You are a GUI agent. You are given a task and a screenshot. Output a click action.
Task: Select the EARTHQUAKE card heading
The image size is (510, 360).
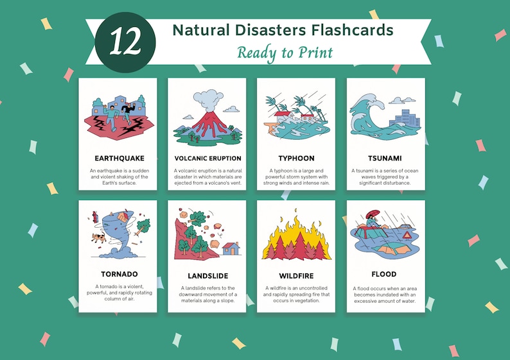pos(119,158)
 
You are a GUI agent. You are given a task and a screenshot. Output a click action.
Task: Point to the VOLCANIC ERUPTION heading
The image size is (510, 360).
pos(208,158)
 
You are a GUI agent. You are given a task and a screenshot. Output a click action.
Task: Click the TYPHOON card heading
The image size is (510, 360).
pos(296,158)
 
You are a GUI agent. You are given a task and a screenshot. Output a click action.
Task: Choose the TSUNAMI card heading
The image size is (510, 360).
pos(385,158)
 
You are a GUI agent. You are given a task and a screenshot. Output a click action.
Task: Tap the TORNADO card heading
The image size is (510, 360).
pos(119,274)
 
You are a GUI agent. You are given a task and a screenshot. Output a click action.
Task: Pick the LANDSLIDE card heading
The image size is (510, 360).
pos(208,276)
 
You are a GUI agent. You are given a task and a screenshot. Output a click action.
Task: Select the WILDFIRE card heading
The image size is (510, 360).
pos(296,276)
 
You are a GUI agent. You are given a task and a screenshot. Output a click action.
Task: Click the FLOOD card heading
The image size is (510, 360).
pos(385,274)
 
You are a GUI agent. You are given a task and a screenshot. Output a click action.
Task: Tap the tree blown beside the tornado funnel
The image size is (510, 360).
pos(143,226)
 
